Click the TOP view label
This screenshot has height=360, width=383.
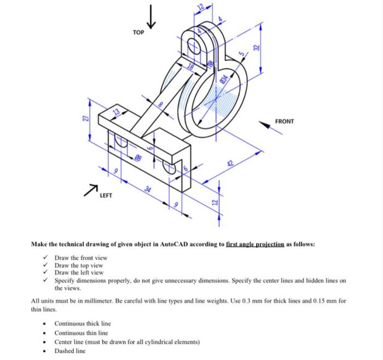138,32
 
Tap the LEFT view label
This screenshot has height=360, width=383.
106,195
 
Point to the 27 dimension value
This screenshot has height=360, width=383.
85,119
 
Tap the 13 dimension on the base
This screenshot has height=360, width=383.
115,113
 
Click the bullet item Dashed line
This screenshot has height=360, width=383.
69,351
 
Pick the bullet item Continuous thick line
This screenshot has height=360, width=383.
82,323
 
